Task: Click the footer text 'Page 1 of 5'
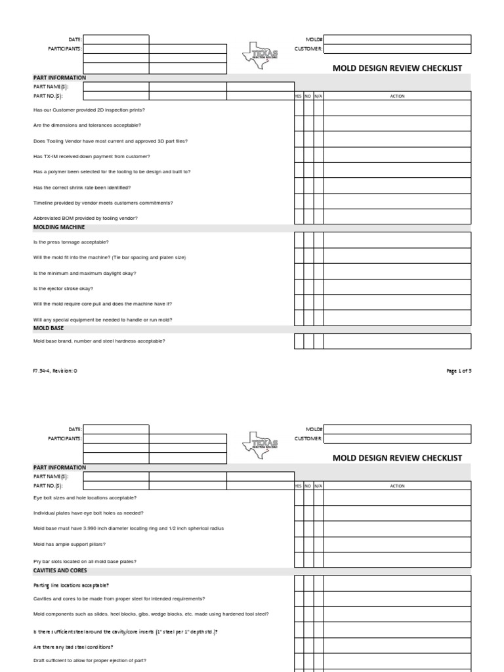tap(459, 371)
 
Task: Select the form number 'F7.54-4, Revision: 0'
tap(55, 371)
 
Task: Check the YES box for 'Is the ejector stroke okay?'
tap(299, 287)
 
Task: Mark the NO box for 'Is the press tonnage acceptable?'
tap(308, 240)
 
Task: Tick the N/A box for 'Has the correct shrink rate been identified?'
tap(318, 186)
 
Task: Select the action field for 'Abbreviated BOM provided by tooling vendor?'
tap(397, 217)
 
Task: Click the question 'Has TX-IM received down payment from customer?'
tap(91, 157)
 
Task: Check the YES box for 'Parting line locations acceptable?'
tap(299, 583)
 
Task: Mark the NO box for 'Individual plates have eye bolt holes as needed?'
tap(308, 513)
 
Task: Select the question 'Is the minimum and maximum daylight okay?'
tap(85, 272)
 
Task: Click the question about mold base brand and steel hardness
tap(99, 341)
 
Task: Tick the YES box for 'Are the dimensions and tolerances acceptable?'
tap(299, 123)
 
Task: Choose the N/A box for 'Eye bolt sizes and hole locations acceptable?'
tap(318, 498)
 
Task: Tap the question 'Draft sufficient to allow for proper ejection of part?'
tap(90, 661)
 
